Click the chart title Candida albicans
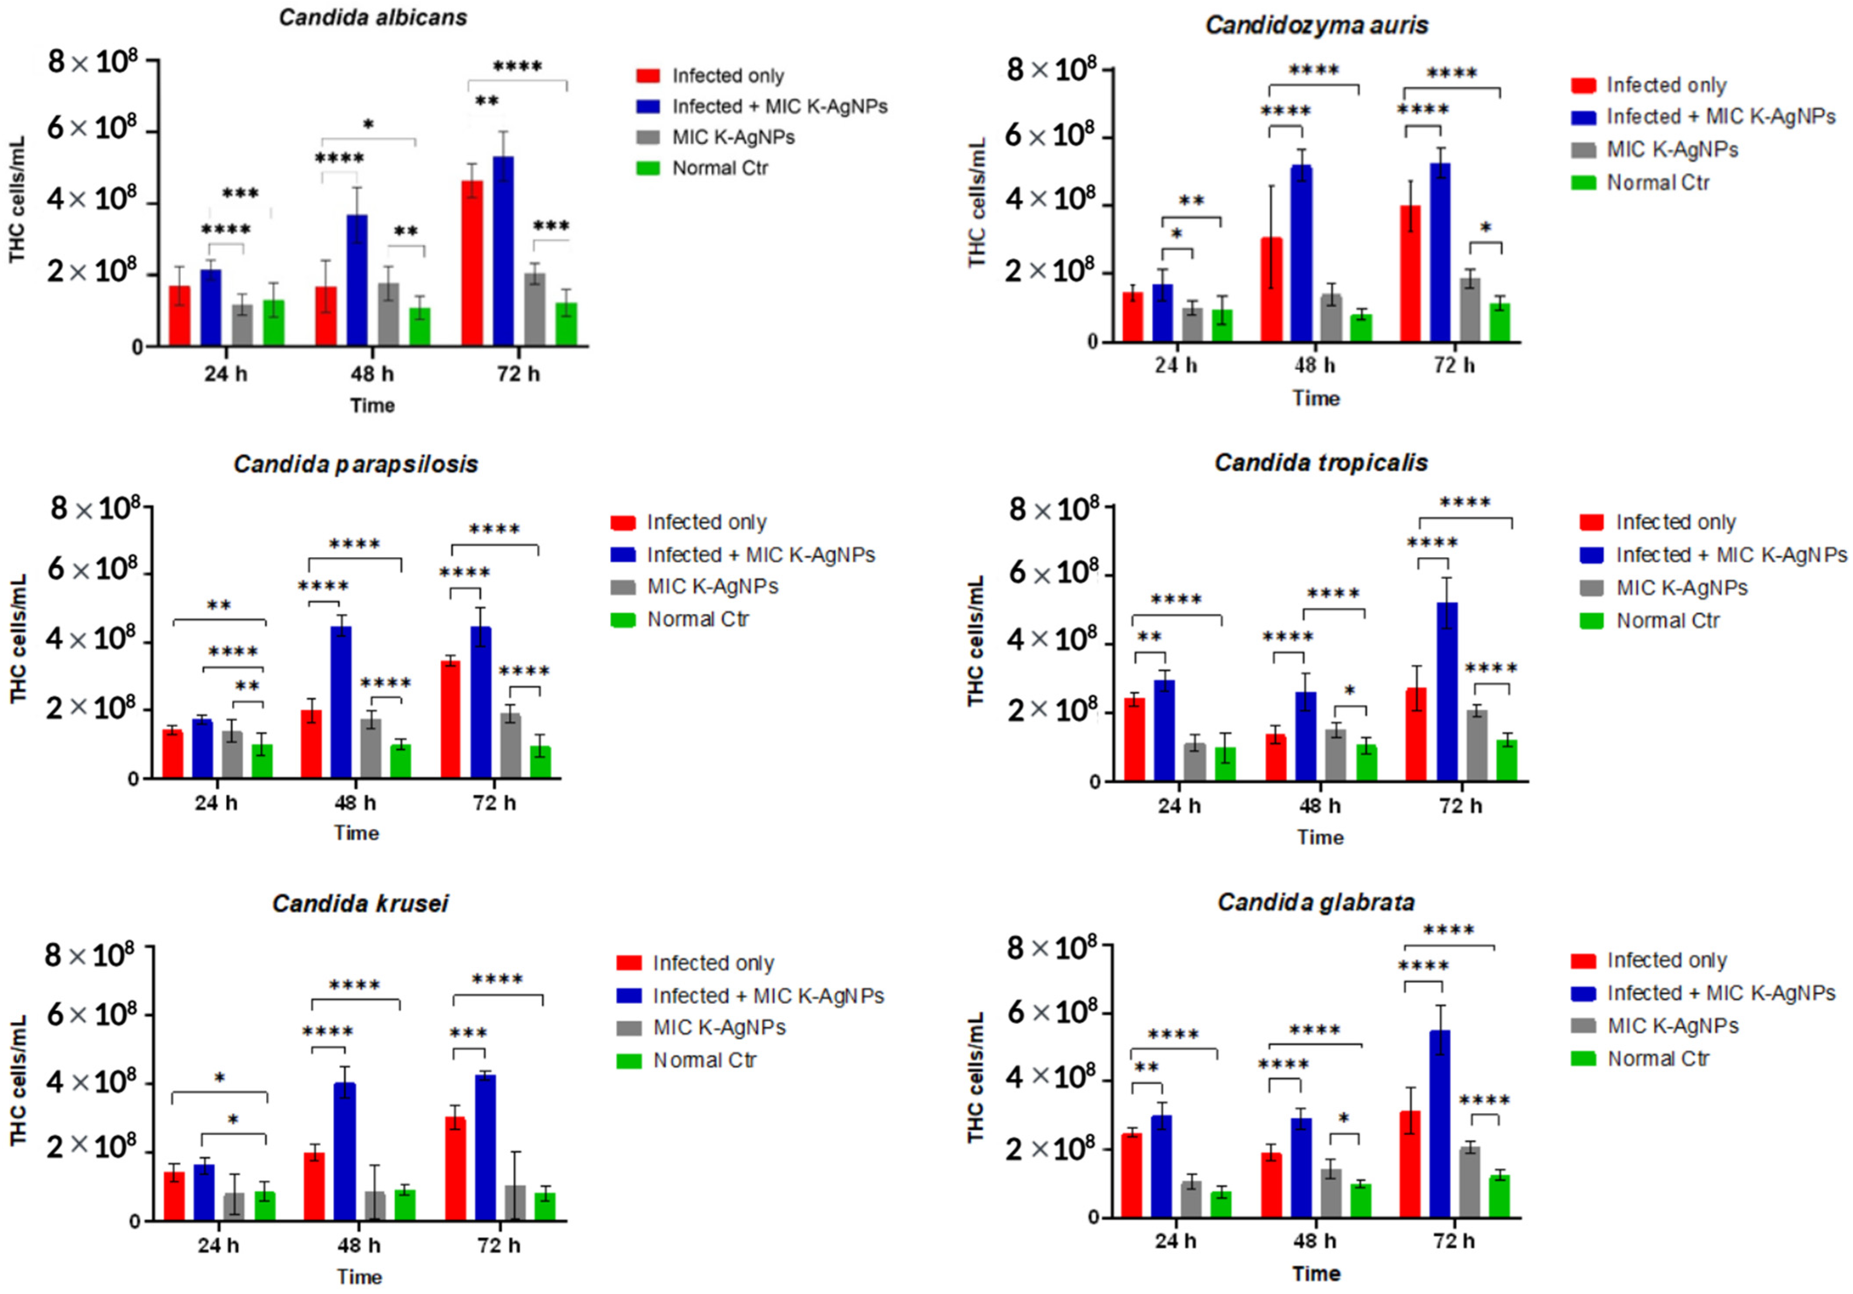pyautogui.click(x=373, y=18)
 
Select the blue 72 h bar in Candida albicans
pyautogui.click(x=503, y=251)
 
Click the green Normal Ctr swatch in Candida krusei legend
pyautogui.click(x=629, y=1061)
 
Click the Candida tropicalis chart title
pyautogui.click(x=1321, y=463)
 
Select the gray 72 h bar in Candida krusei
pyautogui.click(x=515, y=1203)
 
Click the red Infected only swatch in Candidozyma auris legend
pyautogui.click(x=1583, y=85)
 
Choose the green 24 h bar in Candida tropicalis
pyautogui.click(x=1225, y=764)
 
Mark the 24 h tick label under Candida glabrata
pyautogui.click(x=1175, y=1241)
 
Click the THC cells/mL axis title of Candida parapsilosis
pyautogui.click(x=18, y=639)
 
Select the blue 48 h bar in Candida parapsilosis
pyautogui.click(x=341, y=702)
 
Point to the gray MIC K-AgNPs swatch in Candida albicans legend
pyautogui.click(x=648, y=137)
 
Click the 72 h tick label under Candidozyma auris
pyautogui.click(x=1455, y=366)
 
